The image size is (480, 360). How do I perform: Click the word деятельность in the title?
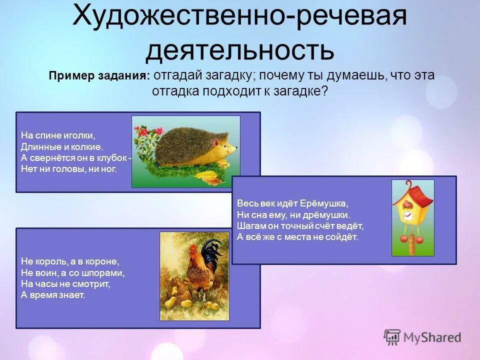(240, 50)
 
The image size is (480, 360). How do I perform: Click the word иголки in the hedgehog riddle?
(80, 135)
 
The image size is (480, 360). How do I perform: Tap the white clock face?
(407, 215)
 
